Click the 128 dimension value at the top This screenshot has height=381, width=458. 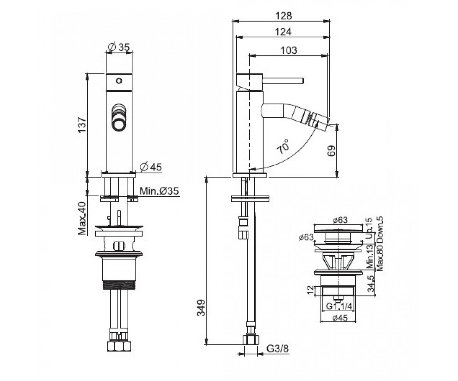click(x=284, y=16)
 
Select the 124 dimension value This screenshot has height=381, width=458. click(x=284, y=32)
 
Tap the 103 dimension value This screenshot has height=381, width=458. click(x=289, y=50)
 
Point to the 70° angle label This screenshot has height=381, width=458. click(x=283, y=146)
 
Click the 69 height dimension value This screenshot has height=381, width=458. click(x=331, y=150)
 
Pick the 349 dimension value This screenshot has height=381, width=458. click(x=201, y=308)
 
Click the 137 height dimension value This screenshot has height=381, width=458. click(x=82, y=125)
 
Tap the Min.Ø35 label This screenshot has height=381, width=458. click(x=159, y=191)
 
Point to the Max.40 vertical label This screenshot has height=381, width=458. click(x=82, y=219)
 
